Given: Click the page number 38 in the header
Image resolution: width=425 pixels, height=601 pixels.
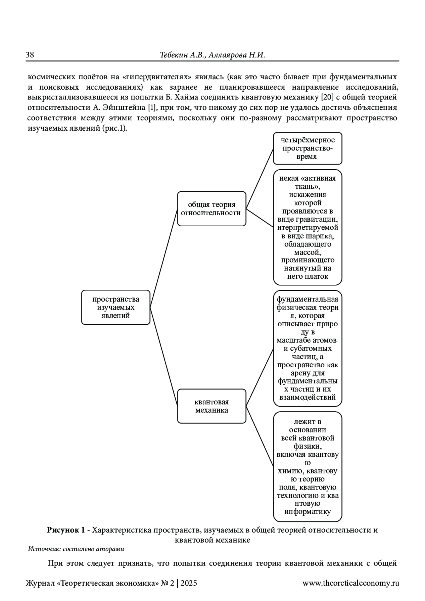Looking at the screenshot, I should tap(30, 55).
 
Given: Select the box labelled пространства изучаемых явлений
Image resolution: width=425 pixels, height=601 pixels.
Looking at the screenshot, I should tap(116, 307).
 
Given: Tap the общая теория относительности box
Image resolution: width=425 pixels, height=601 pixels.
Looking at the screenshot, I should tap(211, 209).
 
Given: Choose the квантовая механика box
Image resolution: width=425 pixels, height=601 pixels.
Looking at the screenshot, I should tap(211, 406).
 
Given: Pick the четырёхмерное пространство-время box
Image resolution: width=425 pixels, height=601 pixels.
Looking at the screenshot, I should tap(307, 148).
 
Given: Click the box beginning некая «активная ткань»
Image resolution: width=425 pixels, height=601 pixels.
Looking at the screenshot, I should tap(307, 227).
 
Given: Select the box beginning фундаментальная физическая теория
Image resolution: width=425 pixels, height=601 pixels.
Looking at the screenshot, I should tap(307, 348).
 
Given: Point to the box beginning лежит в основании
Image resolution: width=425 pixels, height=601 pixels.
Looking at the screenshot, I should tap(307, 466).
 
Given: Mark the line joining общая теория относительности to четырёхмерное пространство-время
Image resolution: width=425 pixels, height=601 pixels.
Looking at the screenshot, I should tap(260, 178).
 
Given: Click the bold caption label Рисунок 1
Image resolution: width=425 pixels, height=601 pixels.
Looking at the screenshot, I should tap(66, 531).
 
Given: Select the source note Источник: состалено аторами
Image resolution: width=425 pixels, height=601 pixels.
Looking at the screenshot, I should tap(76, 549).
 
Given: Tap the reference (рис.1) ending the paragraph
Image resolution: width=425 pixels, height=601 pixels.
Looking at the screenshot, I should tap(114, 128).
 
